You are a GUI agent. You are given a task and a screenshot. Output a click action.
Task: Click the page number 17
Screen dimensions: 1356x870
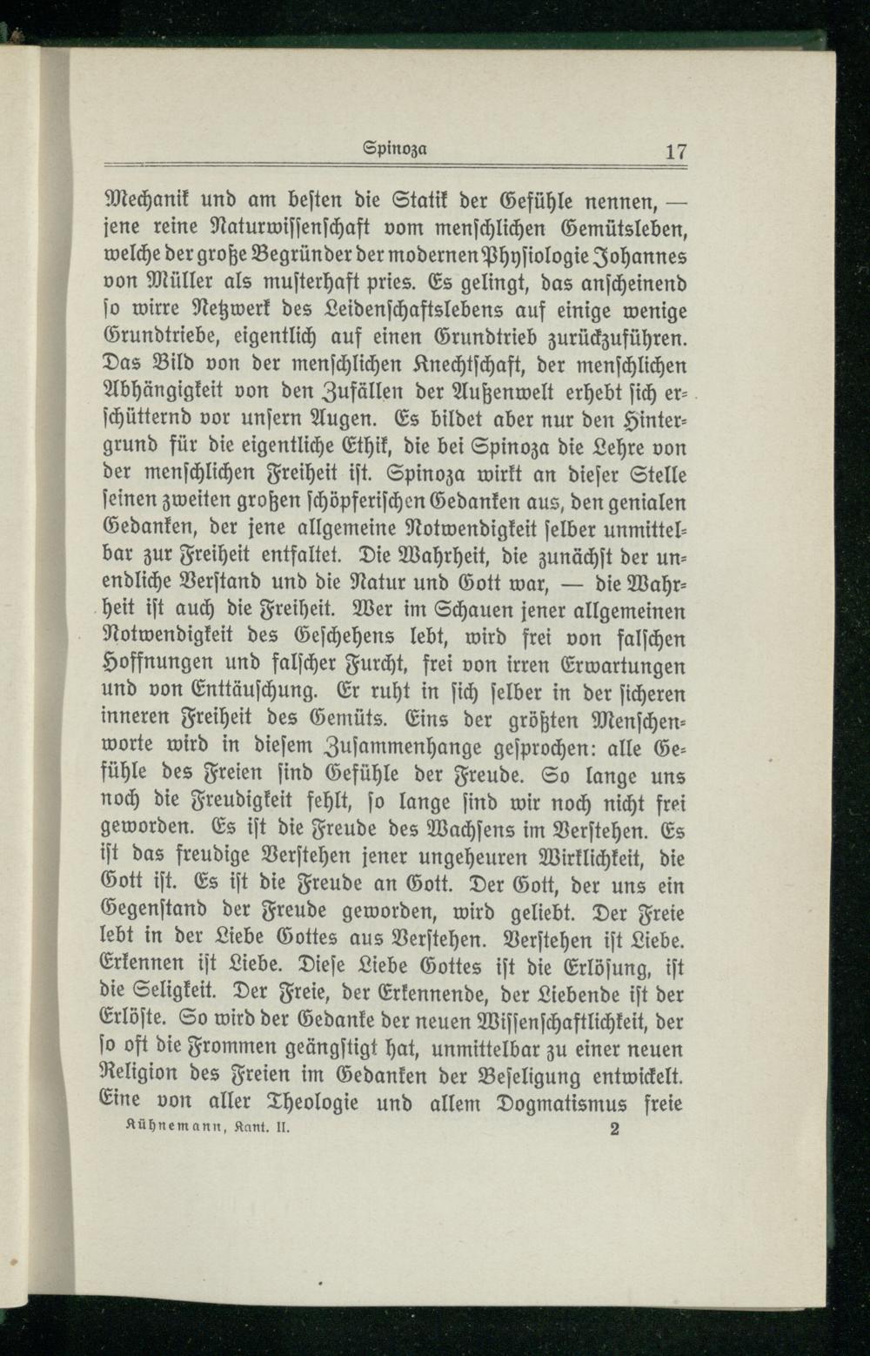(x=676, y=151)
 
